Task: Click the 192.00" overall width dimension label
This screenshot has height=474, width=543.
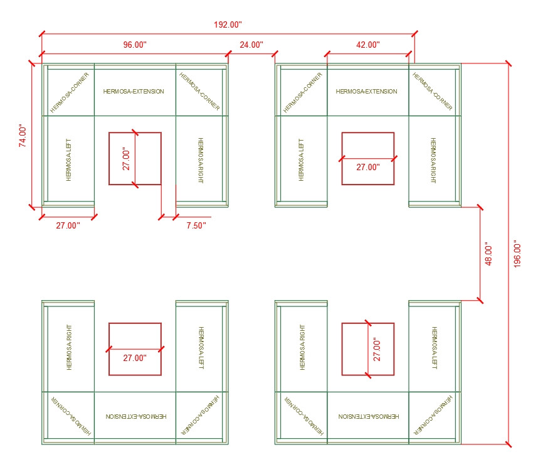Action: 228,24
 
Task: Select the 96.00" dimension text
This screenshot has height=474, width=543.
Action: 135,45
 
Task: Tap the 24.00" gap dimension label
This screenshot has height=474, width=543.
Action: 251,45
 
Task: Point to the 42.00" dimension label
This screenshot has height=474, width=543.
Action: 368,45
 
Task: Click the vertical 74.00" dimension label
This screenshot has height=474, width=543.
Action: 23,136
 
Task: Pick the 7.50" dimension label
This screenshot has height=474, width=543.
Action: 196,225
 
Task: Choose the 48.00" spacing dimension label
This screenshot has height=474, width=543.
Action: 488,254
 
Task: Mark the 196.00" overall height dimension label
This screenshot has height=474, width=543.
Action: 517,254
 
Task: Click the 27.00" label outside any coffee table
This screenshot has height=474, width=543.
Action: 68,225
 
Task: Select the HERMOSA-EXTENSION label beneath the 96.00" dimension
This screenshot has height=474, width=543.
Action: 134,92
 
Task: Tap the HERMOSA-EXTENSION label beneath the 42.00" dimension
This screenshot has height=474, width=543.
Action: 366,92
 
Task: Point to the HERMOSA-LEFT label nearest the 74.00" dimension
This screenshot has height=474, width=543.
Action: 68,160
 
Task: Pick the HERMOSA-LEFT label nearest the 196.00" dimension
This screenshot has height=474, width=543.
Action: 434,348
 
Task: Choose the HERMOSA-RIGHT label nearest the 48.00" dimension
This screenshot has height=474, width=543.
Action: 433,160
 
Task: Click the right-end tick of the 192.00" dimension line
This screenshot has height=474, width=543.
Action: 414,34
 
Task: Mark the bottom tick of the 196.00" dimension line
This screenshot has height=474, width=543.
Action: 509,444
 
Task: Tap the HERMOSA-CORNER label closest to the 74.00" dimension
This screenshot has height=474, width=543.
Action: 70,92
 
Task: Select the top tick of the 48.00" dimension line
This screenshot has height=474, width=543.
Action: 480,207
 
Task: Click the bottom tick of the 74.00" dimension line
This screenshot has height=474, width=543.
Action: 32,207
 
